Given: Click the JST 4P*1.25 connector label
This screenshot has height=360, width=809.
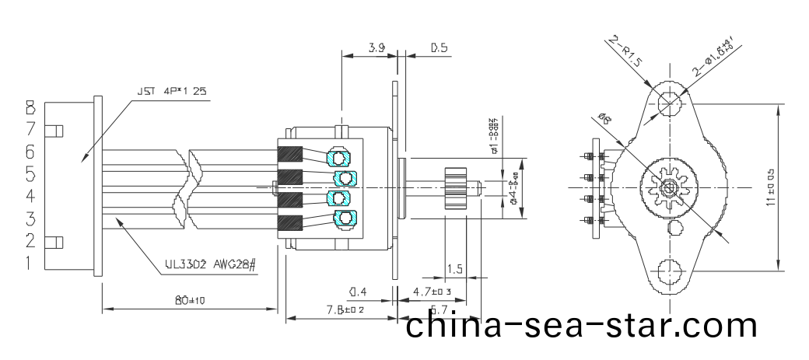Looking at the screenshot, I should click(172, 91).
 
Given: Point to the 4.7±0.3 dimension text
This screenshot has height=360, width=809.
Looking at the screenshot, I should click(432, 292).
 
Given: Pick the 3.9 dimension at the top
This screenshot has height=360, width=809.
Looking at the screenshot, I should click(376, 48).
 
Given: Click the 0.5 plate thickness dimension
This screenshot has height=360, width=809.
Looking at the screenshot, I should click(439, 48).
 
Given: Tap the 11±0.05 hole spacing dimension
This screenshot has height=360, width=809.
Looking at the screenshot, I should click(770, 187).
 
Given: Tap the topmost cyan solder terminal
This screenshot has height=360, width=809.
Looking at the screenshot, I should click(339, 158).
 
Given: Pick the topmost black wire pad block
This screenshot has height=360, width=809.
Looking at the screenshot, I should click(290, 156).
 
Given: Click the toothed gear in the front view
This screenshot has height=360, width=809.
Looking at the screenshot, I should click(667, 187).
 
